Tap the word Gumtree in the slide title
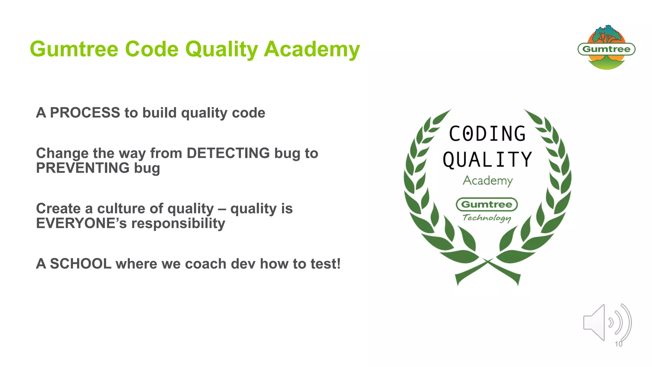tap(74, 49)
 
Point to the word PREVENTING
tap(83, 168)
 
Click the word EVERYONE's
tap(81, 223)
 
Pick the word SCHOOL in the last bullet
tap(81, 264)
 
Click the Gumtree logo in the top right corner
tap(606, 49)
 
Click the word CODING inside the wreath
tap(487, 133)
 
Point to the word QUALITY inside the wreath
tap(487, 159)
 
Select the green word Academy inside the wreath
tap(487, 181)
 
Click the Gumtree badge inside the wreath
tap(487, 205)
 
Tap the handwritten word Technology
tap(486, 218)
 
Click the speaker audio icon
tap(606, 322)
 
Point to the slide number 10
tap(618, 344)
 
